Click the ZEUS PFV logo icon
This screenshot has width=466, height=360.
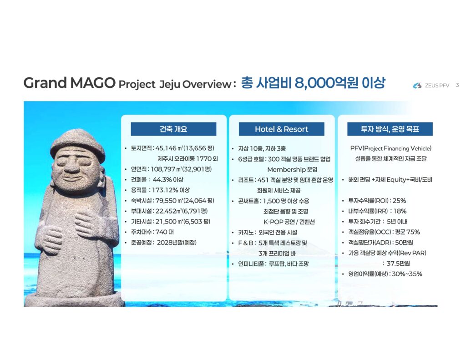417,86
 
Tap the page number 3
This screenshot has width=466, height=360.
457,85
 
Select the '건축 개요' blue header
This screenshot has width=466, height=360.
173,129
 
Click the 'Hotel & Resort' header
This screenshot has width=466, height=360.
281,129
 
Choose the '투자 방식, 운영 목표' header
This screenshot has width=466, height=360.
390,129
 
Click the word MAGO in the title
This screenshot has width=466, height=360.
93,83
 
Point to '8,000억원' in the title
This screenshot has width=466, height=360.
326,83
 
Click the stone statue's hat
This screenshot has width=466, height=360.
78,146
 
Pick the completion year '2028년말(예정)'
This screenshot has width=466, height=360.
177,243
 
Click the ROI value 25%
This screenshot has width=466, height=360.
399,201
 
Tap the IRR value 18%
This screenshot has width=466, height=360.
400,211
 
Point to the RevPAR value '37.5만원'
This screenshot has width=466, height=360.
398,264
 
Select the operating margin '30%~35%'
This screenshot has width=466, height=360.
407,274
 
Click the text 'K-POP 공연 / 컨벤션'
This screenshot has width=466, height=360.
289,222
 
